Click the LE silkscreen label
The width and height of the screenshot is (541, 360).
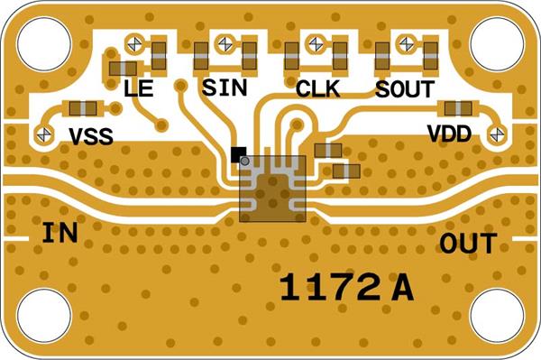[138, 88]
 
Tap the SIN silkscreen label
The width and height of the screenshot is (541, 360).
[225, 88]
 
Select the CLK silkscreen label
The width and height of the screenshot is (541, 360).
[318, 88]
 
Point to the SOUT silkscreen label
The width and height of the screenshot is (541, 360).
[405, 89]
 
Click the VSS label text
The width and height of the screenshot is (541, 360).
[91, 136]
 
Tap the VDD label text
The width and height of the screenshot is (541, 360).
[449, 134]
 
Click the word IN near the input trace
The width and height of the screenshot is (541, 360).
[60, 233]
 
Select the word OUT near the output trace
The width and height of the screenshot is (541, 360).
[468, 244]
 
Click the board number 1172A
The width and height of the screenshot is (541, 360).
[346, 288]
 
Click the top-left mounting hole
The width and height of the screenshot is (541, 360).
[44, 44]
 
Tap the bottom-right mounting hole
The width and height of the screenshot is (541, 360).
[497, 316]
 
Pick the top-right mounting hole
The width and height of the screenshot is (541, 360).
[497, 44]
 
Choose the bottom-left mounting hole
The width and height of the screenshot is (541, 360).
[44, 316]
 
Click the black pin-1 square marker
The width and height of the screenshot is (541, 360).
[238, 154]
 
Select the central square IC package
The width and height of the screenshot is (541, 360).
[272, 189]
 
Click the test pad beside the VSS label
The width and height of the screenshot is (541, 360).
[44, 134]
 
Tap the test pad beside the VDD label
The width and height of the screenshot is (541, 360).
[497, 134]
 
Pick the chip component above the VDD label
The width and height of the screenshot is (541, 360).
[458, 109]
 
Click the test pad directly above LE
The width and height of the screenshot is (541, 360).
[134, 44]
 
